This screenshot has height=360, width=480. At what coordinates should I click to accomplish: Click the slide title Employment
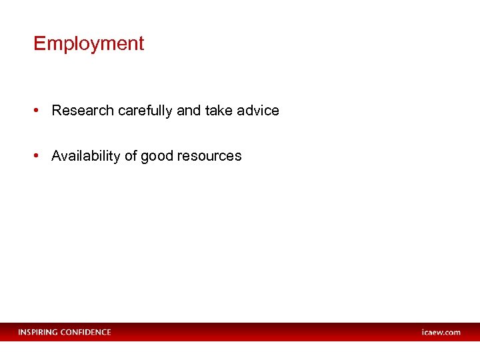click(89, 44)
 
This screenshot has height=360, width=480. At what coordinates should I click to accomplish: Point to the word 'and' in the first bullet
click(189, 111)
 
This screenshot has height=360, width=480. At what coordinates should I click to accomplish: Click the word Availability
click(86, 156)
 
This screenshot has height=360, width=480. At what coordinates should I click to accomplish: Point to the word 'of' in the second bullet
click(131, 156)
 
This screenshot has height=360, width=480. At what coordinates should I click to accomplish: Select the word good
click(157, 157)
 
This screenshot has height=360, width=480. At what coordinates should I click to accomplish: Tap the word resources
click(210, 156)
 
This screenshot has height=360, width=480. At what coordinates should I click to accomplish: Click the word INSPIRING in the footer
click(38, 332)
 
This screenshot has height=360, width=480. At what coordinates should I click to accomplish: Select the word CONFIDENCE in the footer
click(86, 332)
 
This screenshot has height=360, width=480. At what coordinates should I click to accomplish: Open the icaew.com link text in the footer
click(441, 332)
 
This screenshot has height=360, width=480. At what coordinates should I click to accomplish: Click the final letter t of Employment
click(141, 44)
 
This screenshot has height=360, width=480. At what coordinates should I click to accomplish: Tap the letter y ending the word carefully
click(170, 112)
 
